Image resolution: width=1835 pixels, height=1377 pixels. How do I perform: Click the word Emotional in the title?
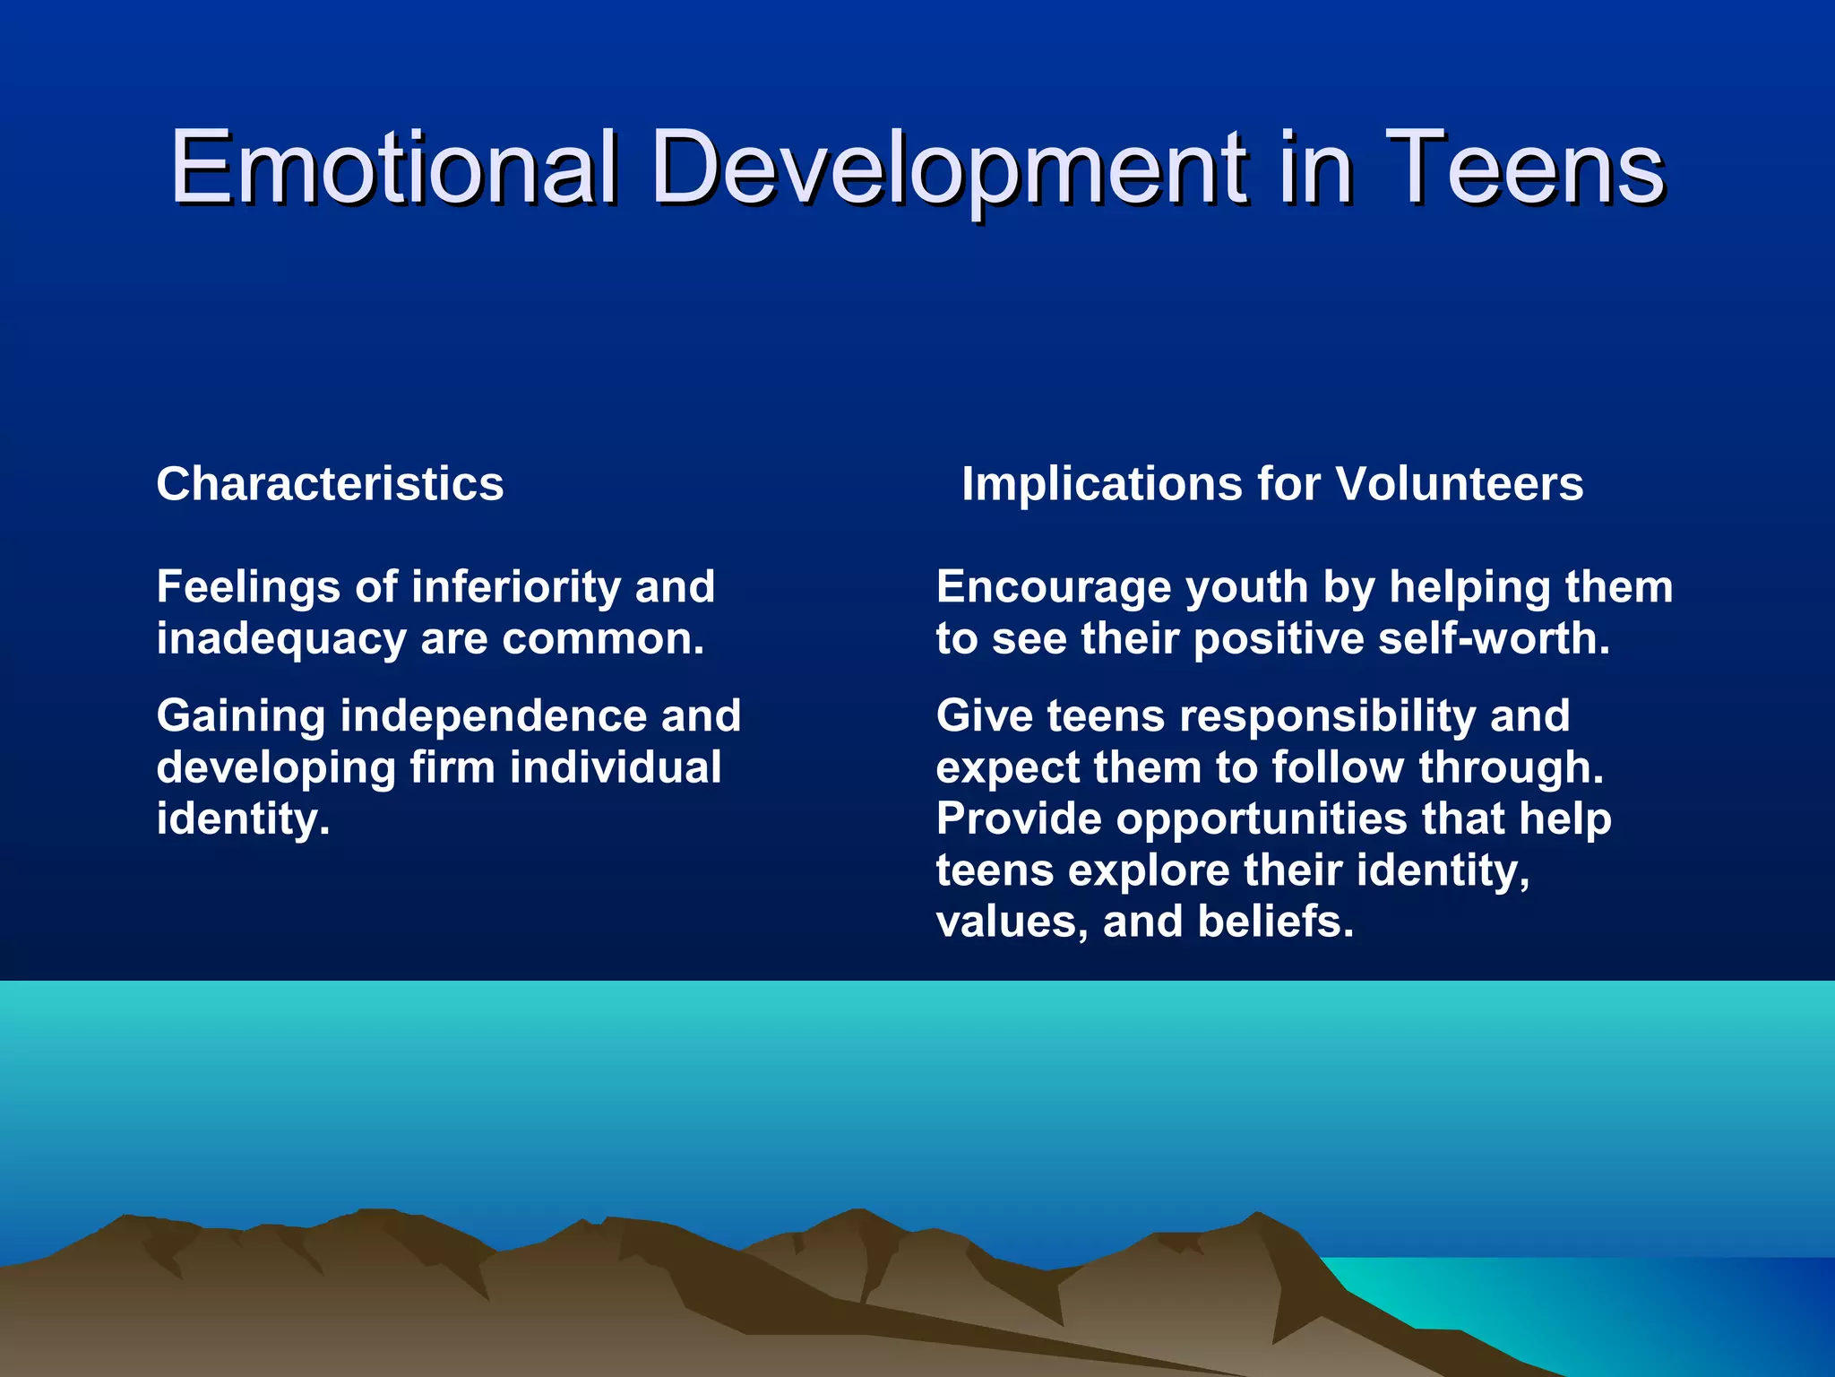394,167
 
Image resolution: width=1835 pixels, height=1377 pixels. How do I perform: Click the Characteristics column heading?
330,484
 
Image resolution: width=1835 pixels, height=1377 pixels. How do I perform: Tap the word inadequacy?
281,640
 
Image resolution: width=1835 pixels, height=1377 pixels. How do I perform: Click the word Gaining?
241,716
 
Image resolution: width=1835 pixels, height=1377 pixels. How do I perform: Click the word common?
602,639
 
